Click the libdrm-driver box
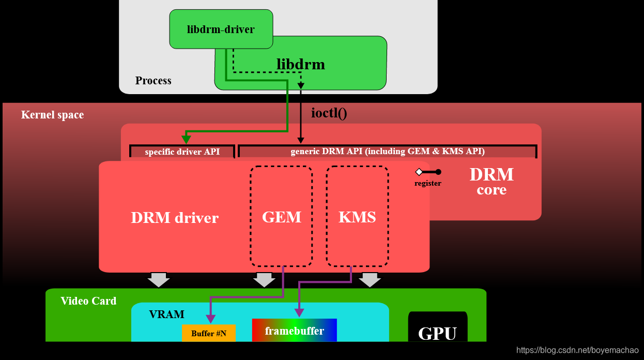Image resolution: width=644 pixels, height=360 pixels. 221,29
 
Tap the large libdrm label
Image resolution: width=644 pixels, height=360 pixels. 301,65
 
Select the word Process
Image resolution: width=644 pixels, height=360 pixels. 153,81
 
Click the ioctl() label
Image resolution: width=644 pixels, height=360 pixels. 329,113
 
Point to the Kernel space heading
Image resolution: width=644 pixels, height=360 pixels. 52,115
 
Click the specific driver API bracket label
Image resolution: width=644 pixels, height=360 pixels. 182,152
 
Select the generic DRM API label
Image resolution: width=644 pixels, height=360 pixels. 387,152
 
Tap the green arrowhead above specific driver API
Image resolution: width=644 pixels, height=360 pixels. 186,139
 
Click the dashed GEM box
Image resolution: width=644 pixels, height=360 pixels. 281,216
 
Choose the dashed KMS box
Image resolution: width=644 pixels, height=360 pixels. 357,216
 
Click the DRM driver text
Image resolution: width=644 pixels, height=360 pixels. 175,218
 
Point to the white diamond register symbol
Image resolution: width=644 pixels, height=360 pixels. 419,172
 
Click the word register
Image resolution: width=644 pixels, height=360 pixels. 427,183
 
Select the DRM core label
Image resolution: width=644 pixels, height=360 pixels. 491,181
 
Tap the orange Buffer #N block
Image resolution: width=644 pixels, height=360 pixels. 208,334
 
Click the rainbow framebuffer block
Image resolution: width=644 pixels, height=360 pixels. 294,331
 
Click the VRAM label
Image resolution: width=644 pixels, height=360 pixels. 166,314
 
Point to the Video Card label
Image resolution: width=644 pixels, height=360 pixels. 88,301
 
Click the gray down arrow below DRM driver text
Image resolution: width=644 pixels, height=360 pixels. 158,280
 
